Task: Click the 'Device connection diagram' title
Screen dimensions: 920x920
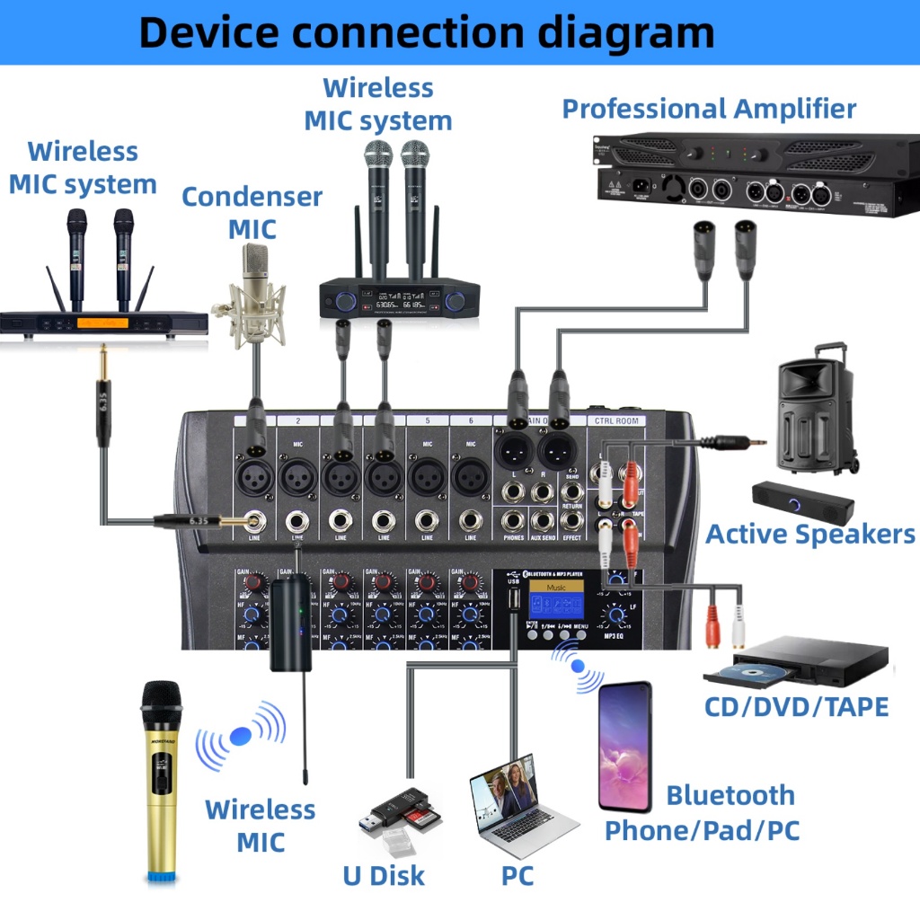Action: [427, 32]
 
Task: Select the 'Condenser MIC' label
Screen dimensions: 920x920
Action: [252, 212]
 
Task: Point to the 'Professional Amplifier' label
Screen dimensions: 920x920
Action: [709, 109]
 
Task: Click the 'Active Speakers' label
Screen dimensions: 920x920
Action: [809, 534]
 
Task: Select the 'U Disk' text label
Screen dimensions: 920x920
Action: [384, 875]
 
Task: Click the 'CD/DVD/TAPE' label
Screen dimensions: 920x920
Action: [796, 706]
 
